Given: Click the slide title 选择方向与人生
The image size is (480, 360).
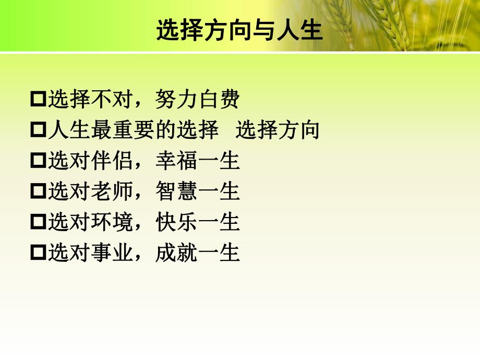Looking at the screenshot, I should [x=239, y=31].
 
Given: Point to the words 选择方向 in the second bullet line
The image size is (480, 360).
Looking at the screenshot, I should [x=277, y=130].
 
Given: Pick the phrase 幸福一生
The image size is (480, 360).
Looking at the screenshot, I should [x=198, y=161].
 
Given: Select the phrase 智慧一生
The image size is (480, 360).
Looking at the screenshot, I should [x=198, y=192].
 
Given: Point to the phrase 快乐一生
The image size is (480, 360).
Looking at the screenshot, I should [x=198, y=223].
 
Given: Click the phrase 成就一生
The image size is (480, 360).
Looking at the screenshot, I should [x=198, y=254].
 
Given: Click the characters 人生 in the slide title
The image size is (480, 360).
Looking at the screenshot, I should [x=302, y=31].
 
